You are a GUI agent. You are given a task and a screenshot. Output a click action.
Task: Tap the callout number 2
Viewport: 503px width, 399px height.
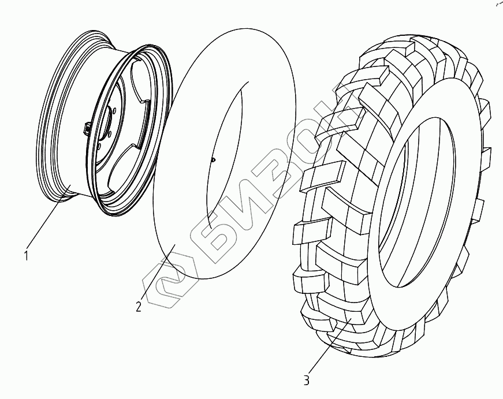pyautogui.click(x=138, y=307)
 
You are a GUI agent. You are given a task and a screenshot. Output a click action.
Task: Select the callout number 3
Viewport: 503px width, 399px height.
pyautogui.click(x=306, y=381)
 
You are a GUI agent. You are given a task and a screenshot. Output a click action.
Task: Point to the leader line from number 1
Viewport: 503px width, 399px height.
pyautogui.click(x=49, y=220)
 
